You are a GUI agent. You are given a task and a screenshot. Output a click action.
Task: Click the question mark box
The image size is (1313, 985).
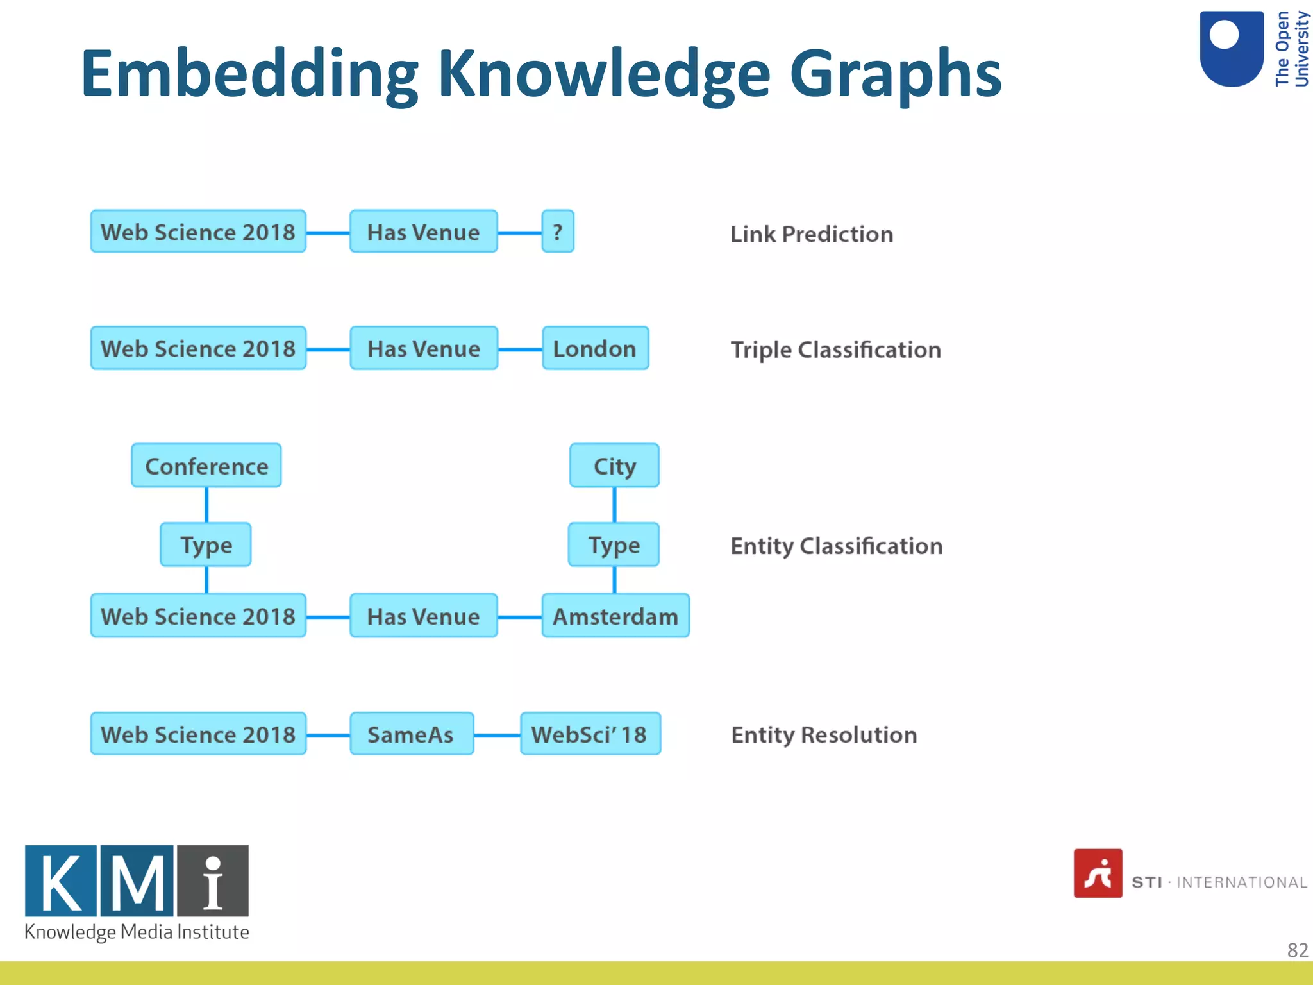(557, 232)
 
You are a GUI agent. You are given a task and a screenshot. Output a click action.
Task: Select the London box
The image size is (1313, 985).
(595, 348)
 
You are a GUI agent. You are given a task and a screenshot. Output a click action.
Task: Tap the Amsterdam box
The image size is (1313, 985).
(615, 616)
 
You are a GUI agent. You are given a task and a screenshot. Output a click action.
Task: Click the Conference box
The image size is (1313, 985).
(206, 466)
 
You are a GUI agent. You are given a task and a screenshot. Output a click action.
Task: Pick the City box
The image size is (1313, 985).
(614, 466)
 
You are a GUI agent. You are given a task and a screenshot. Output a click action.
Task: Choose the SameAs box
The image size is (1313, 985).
(411, 734)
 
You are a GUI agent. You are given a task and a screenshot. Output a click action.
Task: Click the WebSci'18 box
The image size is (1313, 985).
(590, 734)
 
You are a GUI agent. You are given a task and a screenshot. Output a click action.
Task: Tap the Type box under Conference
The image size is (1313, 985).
(205, 544)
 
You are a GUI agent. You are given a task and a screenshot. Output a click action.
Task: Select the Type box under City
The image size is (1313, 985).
(613, 544)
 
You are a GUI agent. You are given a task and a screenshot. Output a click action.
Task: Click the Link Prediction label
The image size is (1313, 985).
(811, 234)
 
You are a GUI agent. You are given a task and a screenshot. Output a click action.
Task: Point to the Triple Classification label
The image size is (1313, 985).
(835, 350)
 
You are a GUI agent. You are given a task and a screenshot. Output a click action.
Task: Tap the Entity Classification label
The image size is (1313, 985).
(836, 546)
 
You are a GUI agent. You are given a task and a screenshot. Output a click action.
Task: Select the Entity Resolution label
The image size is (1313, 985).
(823, 735)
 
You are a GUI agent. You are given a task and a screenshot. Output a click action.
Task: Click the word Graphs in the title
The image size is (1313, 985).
(895, 75)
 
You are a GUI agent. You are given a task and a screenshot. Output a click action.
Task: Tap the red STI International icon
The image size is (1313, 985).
(1098, 873)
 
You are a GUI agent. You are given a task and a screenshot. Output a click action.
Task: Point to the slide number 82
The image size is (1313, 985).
(1297, 950)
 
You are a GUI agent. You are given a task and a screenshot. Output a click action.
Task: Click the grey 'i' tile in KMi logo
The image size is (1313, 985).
(213, 880)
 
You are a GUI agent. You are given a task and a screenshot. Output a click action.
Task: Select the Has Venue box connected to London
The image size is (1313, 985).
(423, 348)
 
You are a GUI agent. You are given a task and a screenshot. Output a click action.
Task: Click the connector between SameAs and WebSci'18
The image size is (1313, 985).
(497, 735)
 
